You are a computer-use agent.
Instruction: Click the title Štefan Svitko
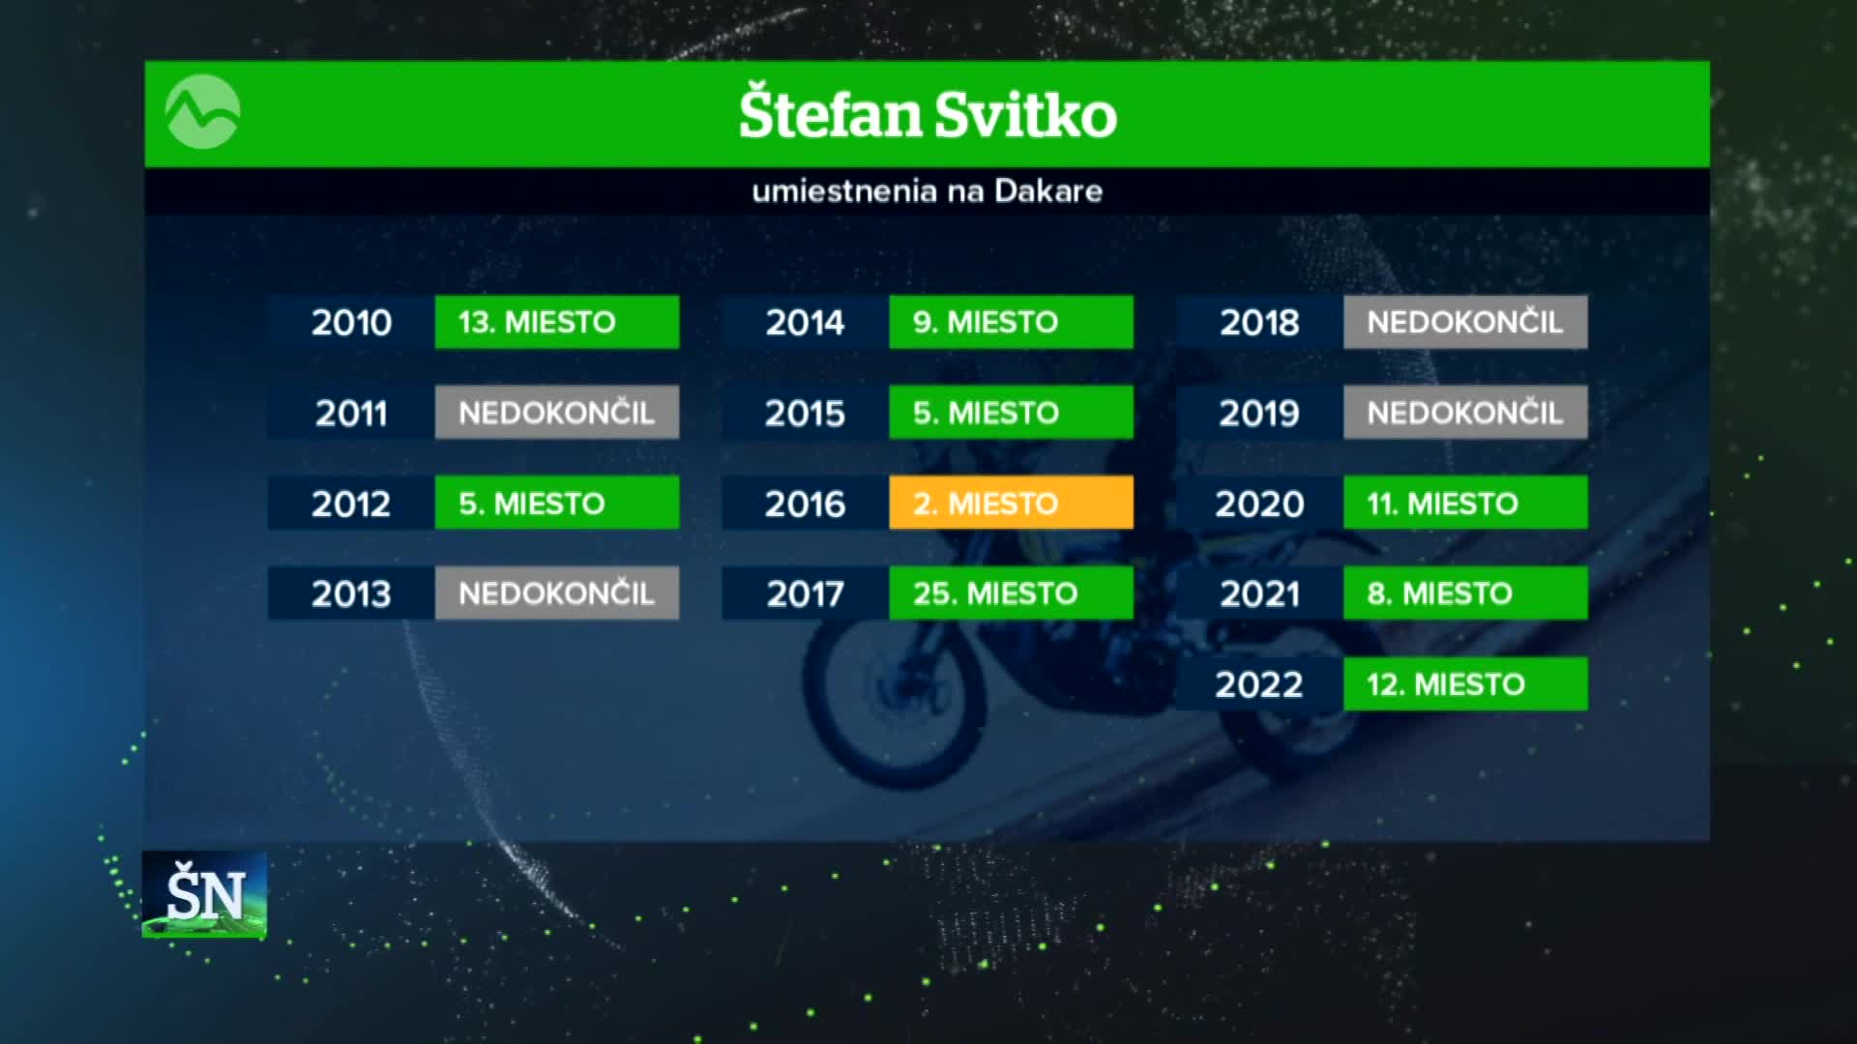pyautogui.click(x=928, y=114)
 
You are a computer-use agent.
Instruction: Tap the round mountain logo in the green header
pyautogui.click(x=203, y=113)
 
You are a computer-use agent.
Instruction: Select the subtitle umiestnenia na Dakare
pyautogui.click(x=928, y=190)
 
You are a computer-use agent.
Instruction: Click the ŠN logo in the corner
pyautogui.click(x=204, y=894)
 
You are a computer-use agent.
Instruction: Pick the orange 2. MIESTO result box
pyautogui.click(x=1011, y=503)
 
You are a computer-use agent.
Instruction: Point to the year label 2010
pyautogui.click(x=351, y=322)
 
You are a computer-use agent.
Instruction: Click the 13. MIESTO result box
pyautogui.click(x=557, y=322)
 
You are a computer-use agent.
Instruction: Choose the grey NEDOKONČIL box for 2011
pyautogui.click(x=557, y=413)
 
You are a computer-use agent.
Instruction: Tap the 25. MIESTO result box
pyautogui.click(x=1011, y=593)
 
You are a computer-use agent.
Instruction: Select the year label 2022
pyautogui.click(x=1259, y=684)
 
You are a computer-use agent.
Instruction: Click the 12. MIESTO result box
pyautogui.click(x=1465, y=683)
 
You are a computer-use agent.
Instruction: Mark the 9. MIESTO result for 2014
pyautogui.click(x=1011, y=322)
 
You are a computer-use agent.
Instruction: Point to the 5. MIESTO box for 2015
pyautogui.click(x=1011, y=413)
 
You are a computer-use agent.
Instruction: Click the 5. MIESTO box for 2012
pyautogui.click(x=557, y=503)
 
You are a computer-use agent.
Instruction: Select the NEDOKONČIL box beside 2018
pyautogui.click(x=1465, y=322)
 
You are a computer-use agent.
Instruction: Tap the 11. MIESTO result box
pyautogui.click(x=1465, y=503)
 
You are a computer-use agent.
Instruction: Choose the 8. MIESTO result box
pyautogui.click(x=1465, y=593)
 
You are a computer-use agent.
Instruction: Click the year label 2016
pyautogui.click(x=805, y=504)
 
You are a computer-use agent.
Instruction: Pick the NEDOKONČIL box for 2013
pyautogui.click(x=557, y=593)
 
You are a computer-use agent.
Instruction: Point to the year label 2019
pyautogui.click(x=1259, y=413)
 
